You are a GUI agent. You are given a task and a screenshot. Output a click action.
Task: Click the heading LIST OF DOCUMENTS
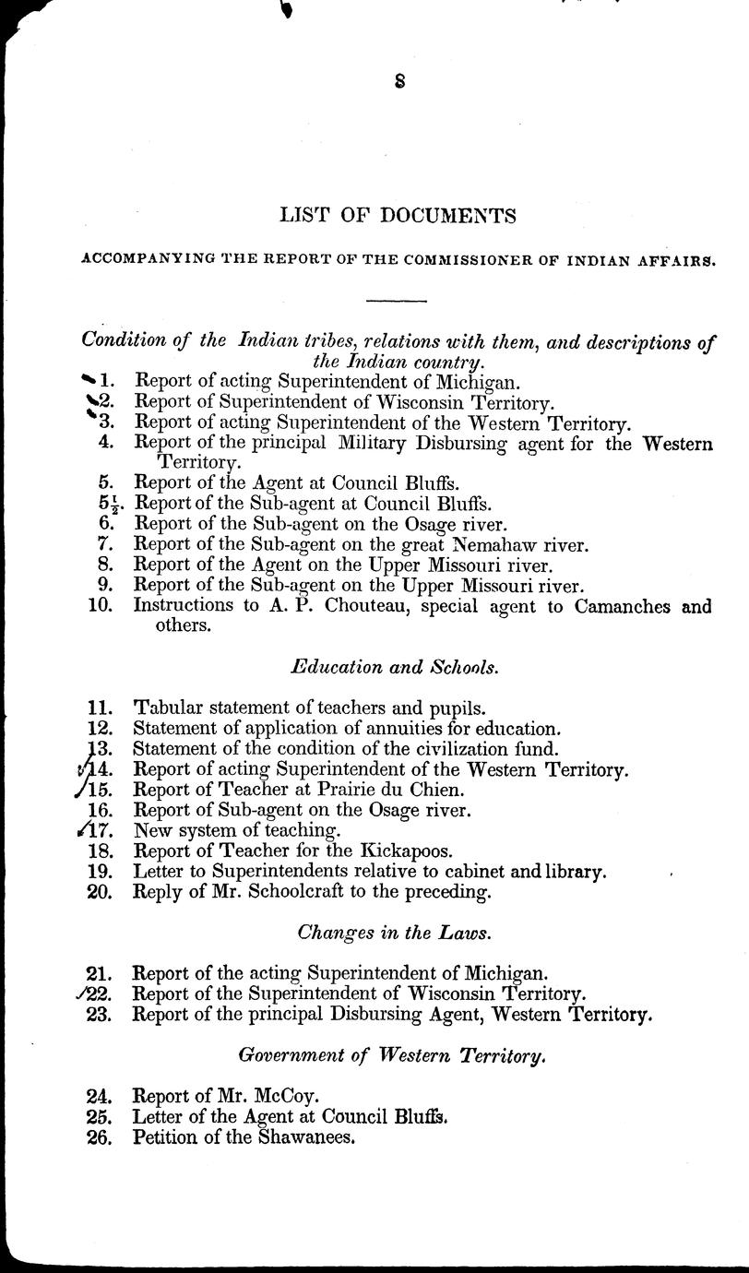point(398,217)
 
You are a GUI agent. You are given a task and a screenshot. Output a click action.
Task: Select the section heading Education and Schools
point(395,666)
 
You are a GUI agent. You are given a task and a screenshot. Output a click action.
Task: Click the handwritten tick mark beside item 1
point(89,378)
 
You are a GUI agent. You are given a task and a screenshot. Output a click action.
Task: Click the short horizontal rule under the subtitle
point(397,300)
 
